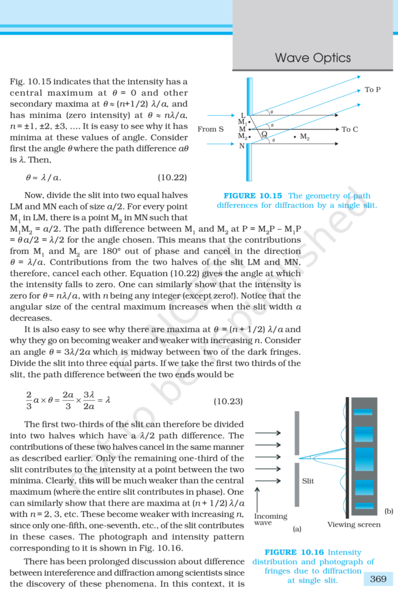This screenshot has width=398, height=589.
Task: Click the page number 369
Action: coord(378,579)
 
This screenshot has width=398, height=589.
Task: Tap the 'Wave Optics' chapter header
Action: coord(313,58)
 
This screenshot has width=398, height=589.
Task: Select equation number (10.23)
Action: coord(228,401)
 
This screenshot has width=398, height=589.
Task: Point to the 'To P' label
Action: coord(373,90)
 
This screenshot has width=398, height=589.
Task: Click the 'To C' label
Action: coord(350,129)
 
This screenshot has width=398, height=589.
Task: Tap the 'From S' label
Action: coord(211,129)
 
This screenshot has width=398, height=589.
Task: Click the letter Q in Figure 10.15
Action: coord(264,135)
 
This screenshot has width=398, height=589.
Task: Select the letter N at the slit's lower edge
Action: coord(242,146)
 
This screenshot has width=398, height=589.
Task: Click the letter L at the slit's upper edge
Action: coord(243,116)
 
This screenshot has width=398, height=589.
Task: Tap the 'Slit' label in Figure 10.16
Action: coord(308,481)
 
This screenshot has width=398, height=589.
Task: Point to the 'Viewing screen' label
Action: coord(354,525)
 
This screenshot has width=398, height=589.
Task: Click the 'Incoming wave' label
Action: coord(270,520)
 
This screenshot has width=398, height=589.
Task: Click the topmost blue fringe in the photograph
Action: coord(363,412)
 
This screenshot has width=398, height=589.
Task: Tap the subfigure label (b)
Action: coord(389,511)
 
